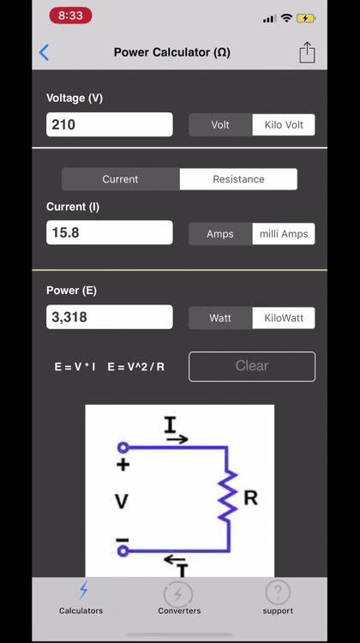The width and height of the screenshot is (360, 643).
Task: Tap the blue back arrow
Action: (x=45, y=52)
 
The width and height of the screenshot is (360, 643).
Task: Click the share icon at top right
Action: (x=307, y=52)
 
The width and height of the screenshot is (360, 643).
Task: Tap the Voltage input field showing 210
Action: (x=110, y=124)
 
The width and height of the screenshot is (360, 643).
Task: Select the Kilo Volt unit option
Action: (x=284, y=124)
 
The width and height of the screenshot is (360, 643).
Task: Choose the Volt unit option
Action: (x=220, y=124)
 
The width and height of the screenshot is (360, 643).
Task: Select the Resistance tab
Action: (x=238, y=179)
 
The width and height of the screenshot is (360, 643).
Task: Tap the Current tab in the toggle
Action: (x=120, y=179)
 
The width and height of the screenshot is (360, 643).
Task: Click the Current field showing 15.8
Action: (x=110, y=232)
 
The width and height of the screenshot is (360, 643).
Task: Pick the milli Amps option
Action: (x=284, y=234)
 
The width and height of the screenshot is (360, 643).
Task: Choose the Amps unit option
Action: (x=220, y=234)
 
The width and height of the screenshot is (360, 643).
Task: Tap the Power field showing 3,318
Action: (x=110, y=316)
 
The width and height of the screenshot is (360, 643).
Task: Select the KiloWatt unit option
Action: (x=284, y=318)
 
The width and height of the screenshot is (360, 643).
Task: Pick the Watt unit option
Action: (x=220, y=318)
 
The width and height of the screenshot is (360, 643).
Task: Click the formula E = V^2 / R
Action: (x=135, y=367)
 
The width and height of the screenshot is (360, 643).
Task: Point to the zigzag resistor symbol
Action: (x=227, y=496)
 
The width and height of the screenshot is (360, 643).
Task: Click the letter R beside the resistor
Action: (x=251, y=498)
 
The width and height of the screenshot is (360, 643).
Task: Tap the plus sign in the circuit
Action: (x=123, y=465)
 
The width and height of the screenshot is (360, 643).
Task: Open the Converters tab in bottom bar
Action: (x=179, y=599)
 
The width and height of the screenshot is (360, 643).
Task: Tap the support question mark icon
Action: (x=278, y=592)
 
